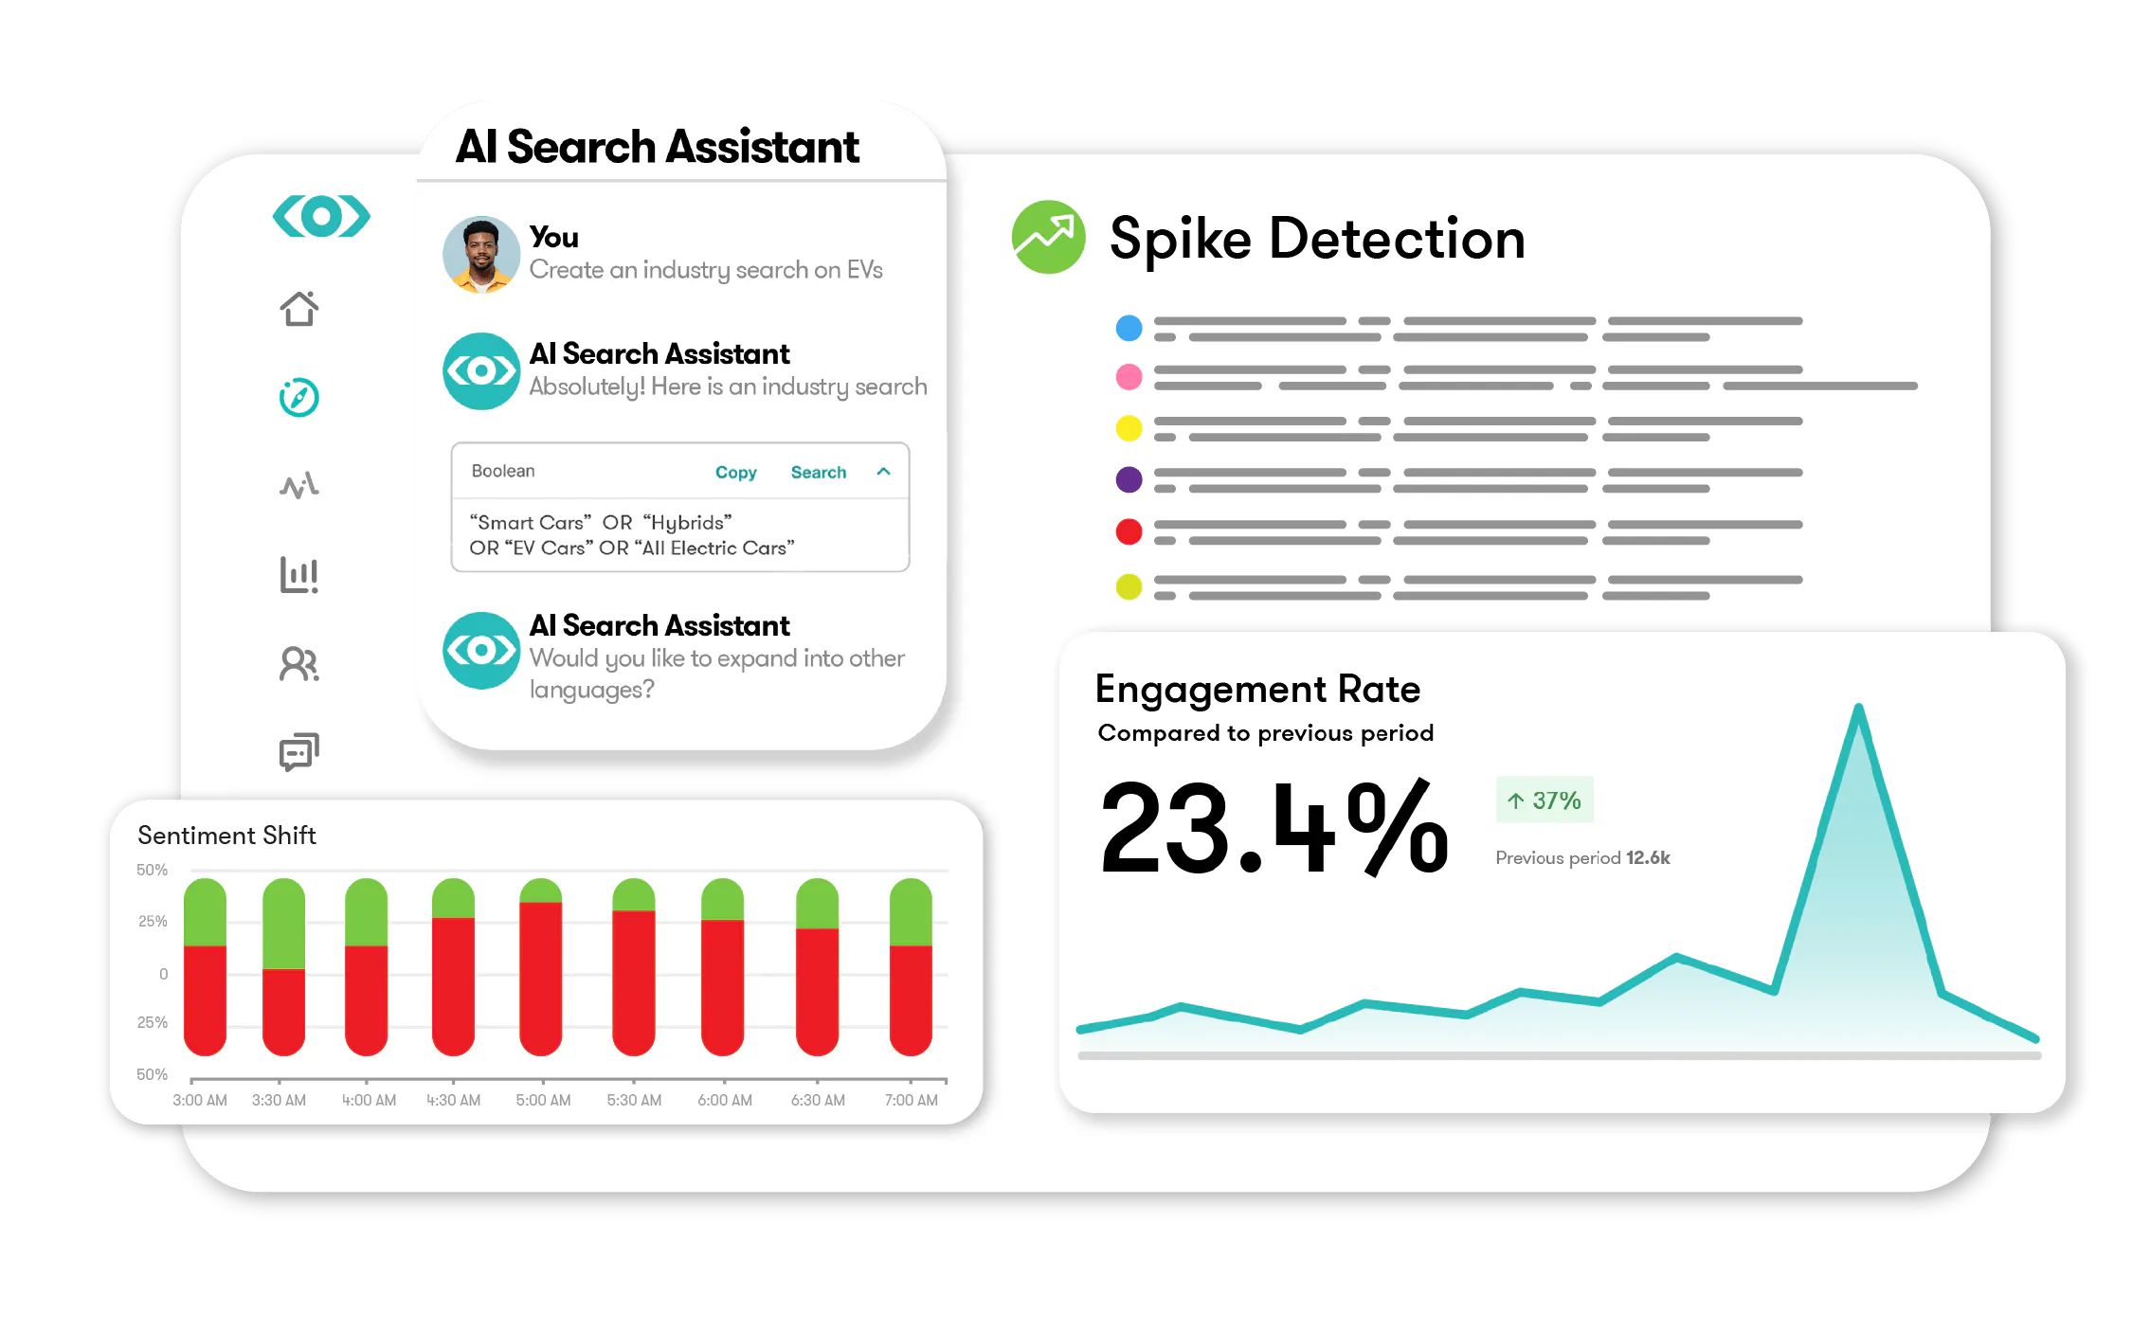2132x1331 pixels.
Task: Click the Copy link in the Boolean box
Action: [735, 472]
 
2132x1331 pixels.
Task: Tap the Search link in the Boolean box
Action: [819, 472]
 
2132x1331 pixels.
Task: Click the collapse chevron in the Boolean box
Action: [883, 471]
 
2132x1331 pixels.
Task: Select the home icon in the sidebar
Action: [299, 308]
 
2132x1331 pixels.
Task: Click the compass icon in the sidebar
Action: [299, 397]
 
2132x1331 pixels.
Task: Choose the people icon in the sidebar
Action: [299, 663]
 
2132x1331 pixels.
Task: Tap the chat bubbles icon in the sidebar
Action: [299, 752]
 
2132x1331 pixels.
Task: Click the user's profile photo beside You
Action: [481, 255]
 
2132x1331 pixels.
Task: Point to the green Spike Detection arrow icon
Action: [1048, 237]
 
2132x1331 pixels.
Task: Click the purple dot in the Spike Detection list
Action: [1129, 479]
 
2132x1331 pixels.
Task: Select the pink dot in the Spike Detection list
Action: [1129, 377]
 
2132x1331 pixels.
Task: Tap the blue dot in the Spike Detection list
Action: [1129, 328]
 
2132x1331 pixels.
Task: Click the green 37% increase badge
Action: [1545, 800]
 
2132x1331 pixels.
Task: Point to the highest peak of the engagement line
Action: [1859, 707]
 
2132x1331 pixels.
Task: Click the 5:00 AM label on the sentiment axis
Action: [543, 1100]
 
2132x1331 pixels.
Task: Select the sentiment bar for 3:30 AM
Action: [283, 966]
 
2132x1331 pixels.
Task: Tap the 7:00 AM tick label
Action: [912, 1100]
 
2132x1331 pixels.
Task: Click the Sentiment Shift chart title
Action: [226, 836]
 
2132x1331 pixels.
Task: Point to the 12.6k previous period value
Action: [1648, 857]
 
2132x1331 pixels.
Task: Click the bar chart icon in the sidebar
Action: [299, 575]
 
